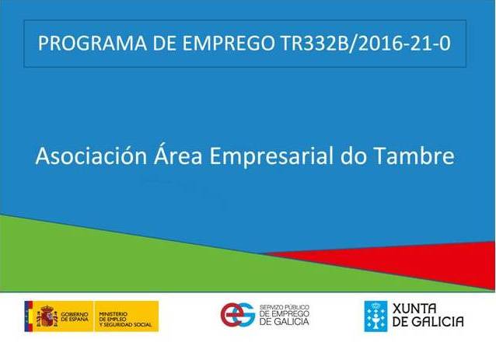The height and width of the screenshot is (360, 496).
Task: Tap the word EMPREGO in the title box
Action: (x=229, y=44)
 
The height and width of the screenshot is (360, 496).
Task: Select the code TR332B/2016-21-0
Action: (x=365, y=44)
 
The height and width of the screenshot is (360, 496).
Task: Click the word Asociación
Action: (x=91, y=156)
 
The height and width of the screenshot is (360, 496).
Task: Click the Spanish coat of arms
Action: (x=47, y=316)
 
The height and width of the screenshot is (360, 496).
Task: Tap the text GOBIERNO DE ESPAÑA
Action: (x=75, y=316)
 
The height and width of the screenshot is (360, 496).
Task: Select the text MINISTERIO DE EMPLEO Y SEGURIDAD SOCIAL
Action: (x=125, y=320)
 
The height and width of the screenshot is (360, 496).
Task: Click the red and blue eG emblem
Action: (x=238, y=314)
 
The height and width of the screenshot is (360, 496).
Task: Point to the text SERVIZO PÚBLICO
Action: (x=285, y=307)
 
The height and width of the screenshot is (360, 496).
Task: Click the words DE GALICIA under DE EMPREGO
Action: (x=284, y=322)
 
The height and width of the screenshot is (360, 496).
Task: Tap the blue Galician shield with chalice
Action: (x=375, y=316)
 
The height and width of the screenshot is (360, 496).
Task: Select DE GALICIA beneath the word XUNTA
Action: (x=428, y=322)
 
